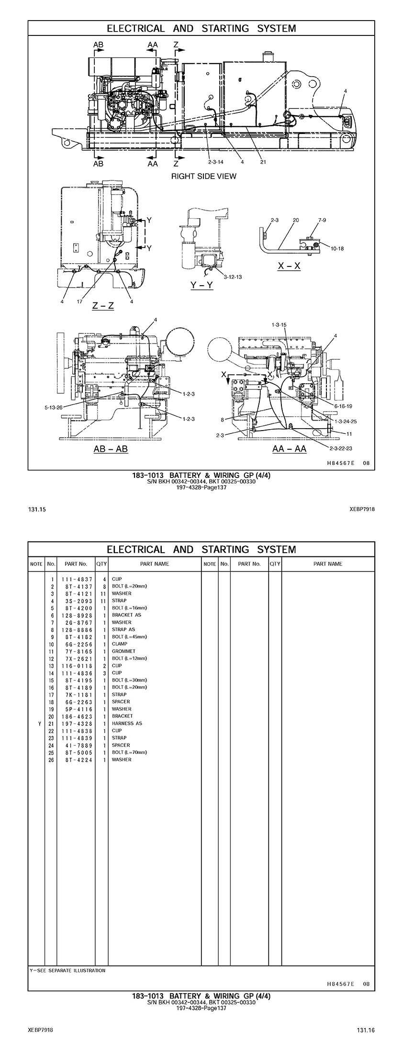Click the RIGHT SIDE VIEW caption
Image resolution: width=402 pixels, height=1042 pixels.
203,176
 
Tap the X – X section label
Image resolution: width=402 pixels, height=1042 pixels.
289,266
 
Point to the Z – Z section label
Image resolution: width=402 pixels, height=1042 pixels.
103,305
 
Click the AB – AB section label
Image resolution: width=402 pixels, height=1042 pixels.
111,449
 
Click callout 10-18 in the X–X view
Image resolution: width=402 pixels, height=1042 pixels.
337,249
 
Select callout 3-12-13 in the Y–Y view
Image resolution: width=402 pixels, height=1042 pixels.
233,277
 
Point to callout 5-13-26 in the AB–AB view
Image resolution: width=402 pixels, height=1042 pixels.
53,408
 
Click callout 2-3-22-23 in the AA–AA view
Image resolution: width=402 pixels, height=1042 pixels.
341,448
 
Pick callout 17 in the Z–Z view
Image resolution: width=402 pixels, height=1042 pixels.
79,301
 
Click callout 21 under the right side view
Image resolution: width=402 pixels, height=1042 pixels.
263,162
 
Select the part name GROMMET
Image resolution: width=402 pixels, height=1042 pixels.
123,651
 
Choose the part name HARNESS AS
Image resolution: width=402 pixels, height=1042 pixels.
127,723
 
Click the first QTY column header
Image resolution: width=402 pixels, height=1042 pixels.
101,564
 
